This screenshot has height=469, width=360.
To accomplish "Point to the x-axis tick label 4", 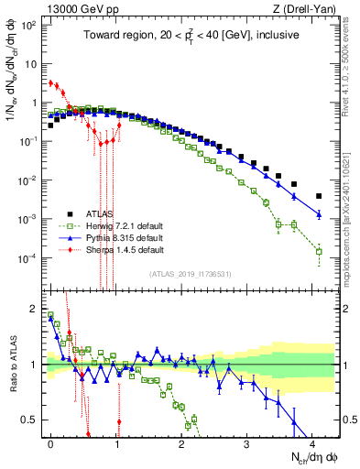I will pyautogui.click(x=312, y=442).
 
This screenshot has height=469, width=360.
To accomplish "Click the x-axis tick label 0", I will pyautogui.click(x=50, y=442).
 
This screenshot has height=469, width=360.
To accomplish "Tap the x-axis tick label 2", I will pyautogui.click(x=181, y=442).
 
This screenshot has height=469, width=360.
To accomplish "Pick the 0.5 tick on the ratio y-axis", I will pyautogui.click(x=33, y=420).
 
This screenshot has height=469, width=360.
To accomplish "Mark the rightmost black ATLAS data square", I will pyautogui.click(x=319, y=196).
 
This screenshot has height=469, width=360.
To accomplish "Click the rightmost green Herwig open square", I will pyautogui.click(x=319, y=251).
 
